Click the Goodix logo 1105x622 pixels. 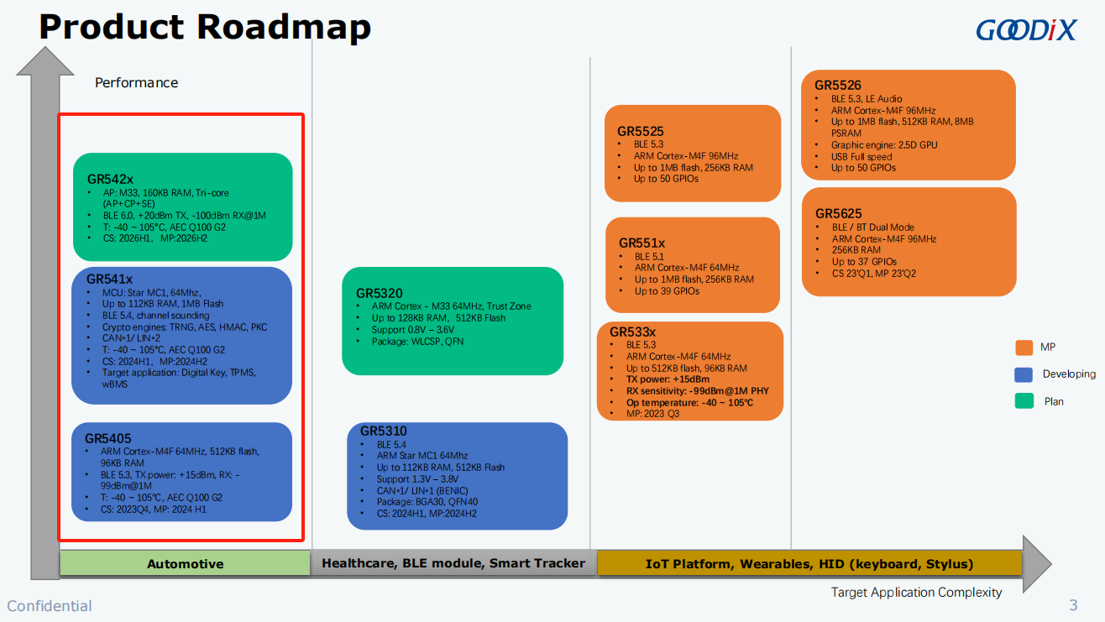click(x=1026, y=30)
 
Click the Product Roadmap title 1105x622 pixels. click(x=205, y=27)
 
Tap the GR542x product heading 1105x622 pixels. click(x=110, y=179)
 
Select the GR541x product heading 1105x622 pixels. click(x=109, y=280)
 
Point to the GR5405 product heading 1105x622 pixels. click(x=108, y=438)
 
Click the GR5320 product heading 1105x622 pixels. click(x=380, y=294)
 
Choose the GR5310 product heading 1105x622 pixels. click(x=383, y=431)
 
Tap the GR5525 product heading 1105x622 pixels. click(x=641, y=132)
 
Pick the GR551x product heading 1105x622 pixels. click(x=642, y=243)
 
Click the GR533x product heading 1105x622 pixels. click(x=632, y=332)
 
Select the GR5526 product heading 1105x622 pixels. click(x=838, y=86)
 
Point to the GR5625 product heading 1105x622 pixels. click(x=838, y=213)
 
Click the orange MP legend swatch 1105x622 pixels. click(x=1024, y=348)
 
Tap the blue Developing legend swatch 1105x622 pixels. click(x=1024, y=374)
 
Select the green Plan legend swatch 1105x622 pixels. click(x=1024, y=400)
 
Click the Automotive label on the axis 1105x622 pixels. click(x=186, y=564)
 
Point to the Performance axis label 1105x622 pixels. click(x=136, y=82)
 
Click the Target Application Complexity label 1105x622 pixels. click(x=916, y=592)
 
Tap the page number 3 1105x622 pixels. click(x=1073, y=605)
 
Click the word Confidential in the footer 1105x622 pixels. click(x=50, y=606)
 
